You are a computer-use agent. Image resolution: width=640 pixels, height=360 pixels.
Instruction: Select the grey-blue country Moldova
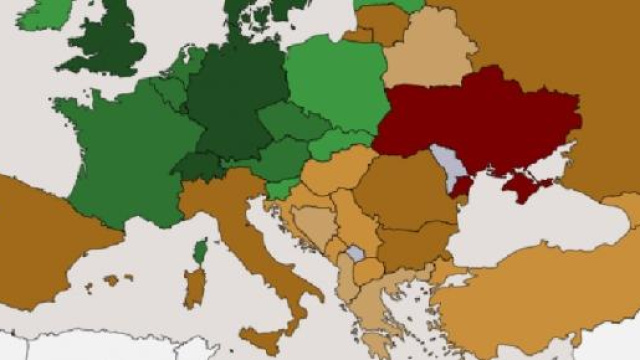[447, 165]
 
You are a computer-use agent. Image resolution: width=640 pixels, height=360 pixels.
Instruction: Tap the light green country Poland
[335, 85]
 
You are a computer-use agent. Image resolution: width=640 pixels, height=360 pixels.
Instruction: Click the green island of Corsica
[200, 251]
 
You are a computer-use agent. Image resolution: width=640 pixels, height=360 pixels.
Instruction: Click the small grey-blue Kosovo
[355, 254]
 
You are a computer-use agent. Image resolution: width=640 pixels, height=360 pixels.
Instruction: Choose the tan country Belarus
[425, 55]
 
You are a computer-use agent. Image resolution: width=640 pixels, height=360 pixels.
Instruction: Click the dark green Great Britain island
[105, 40]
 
